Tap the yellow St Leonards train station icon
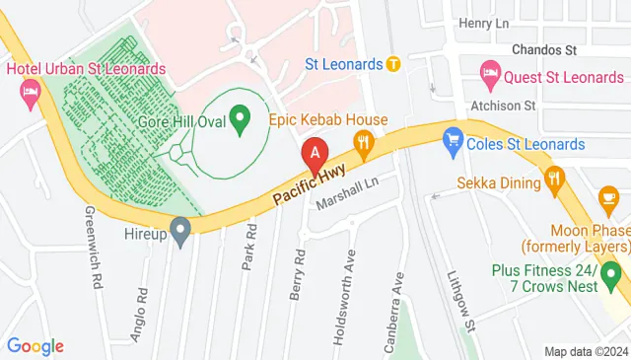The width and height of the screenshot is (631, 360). (393, 65)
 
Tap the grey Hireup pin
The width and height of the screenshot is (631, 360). (179, 233)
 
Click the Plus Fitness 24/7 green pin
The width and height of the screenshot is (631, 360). (611, 272)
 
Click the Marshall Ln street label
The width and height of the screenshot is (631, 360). (347, 193)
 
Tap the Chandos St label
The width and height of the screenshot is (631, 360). (543, 48)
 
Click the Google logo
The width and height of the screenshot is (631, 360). (35, 346)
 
